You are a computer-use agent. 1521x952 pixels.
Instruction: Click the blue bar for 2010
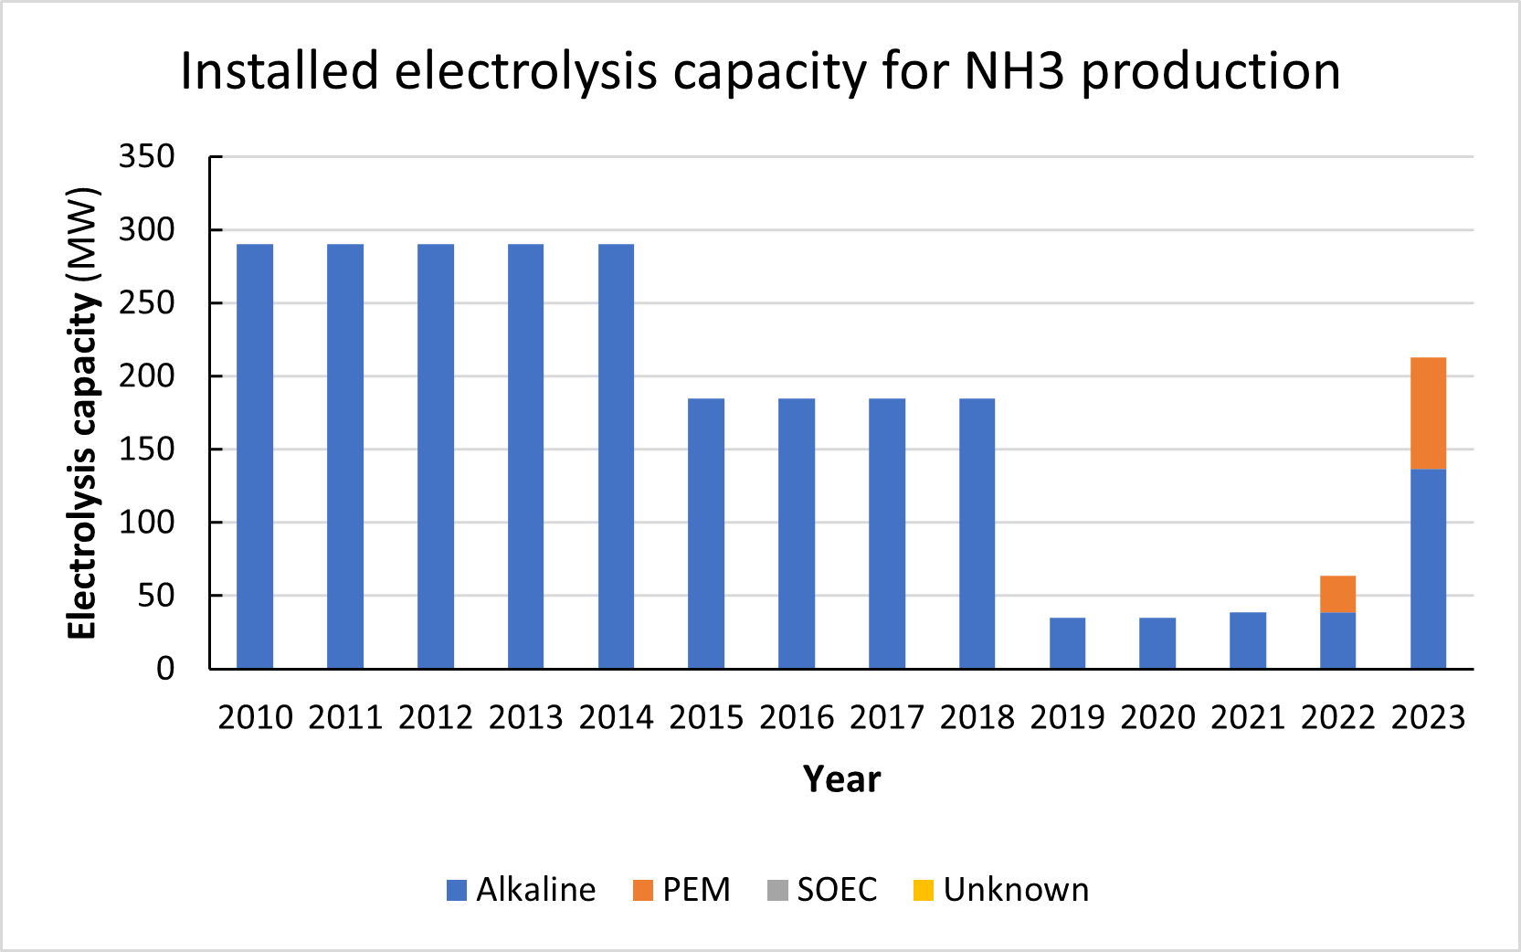tap(255, 457)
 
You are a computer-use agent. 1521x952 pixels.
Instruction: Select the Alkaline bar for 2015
tap(706, 534)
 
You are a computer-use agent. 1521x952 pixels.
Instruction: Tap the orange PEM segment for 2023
tap(1428, 413)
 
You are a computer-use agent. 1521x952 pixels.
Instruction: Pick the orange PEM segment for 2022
tap(1337, 595)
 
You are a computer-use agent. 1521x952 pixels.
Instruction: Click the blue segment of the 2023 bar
tap(1428, 568)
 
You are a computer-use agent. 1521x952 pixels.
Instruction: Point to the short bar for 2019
tap(1067, 643)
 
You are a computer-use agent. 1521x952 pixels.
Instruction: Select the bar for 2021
tap(1248, 640)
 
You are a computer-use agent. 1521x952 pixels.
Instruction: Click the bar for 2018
tap(977, 534)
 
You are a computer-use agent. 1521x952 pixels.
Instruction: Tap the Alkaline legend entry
tap(522, 890)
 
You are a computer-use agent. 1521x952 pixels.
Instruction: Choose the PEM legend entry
tap(682, 890)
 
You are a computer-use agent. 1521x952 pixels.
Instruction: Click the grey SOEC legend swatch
tap(777, 890)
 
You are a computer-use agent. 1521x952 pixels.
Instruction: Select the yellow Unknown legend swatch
tap(924, 890)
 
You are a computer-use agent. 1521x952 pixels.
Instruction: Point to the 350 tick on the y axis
tap(147, 156)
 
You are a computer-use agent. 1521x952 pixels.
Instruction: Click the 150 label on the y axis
tap(147, 450)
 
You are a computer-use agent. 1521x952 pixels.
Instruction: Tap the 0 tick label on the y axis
tap(165, 669)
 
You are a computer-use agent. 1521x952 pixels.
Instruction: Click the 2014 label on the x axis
tap(616, 717)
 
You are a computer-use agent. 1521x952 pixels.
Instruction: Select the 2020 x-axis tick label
tap(1157, 717)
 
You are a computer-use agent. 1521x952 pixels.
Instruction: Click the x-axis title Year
tap(841, 779)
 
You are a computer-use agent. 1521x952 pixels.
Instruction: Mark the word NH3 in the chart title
tap(1014, 71)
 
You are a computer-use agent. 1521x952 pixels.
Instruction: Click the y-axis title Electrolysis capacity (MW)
tap(82, 413)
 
